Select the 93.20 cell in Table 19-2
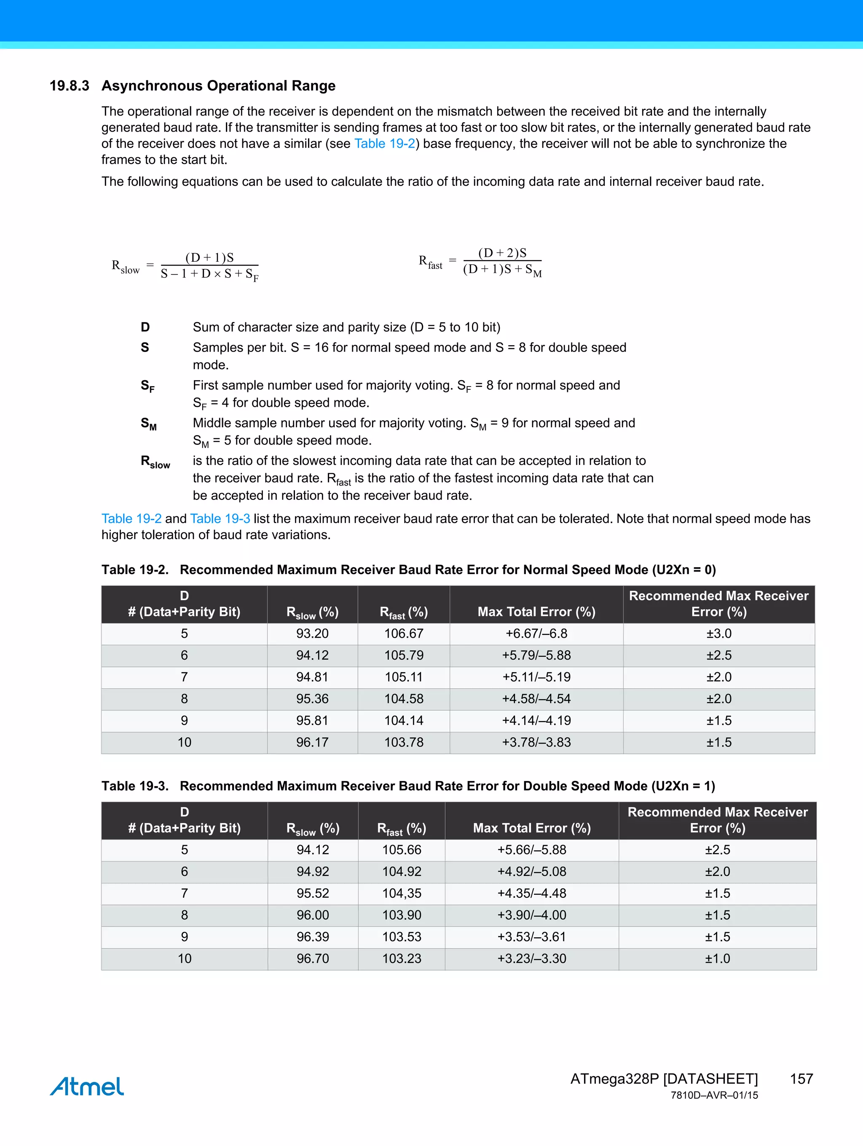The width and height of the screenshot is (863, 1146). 312,633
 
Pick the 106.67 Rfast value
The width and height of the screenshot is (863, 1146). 404,633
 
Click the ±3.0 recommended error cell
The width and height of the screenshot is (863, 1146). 718,633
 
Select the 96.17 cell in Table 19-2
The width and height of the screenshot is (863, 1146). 312,742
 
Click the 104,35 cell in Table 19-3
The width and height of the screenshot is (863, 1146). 402,893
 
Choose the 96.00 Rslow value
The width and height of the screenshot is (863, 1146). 312,915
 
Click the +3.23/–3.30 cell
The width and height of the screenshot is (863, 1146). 531,958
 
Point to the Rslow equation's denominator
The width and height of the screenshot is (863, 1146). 209,274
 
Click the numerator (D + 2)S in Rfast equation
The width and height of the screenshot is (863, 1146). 502,253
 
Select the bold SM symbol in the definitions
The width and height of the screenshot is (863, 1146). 148,424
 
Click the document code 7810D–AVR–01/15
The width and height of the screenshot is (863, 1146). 714,1095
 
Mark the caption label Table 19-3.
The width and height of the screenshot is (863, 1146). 135,786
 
